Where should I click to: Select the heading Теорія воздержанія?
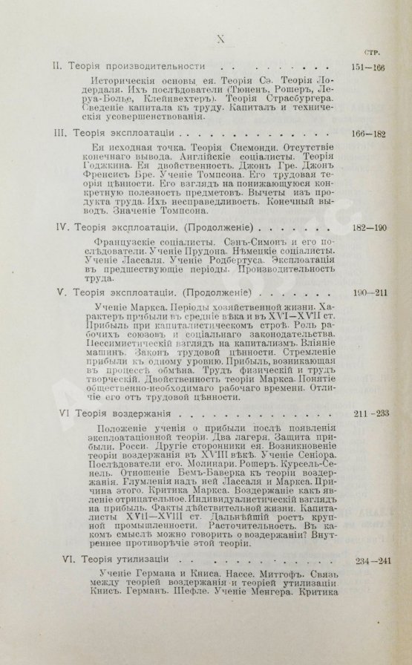click(122, 412)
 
